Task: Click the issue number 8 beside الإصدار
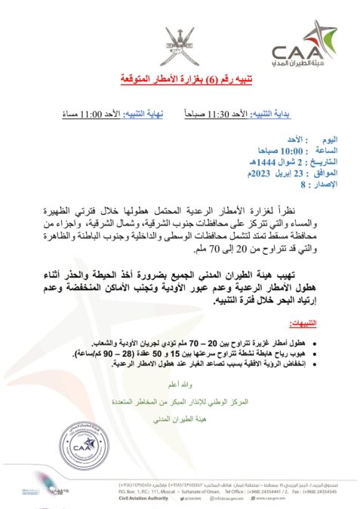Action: tap(303, 183)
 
